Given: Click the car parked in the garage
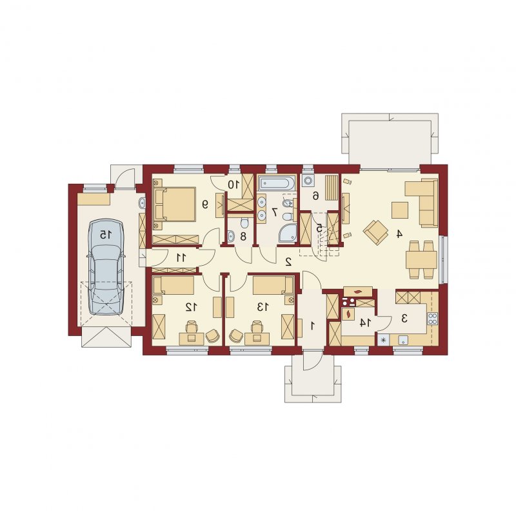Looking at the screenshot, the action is pyautogui.click(x=106, y=267).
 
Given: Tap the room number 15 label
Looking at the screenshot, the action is pyautogui.click(x=106, y=235).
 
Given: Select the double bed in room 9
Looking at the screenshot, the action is pyautogui.click(x=175, y=204).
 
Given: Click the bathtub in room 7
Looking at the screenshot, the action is pyautogui.click(x=277, y=184).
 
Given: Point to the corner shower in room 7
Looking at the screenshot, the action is pyautogui.click(x=288, y=233).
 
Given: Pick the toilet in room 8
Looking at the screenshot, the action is pyautogui.click(x=244, y=223).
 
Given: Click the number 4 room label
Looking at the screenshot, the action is pyautogui.click(x=399, y=234).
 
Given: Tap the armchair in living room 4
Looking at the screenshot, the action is pyautogui.click(x=375, y=232).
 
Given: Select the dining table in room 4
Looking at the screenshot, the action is pyautogui.click(x=422, y=260).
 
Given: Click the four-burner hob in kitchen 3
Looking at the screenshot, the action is pyautogui.click(x=432, y=318).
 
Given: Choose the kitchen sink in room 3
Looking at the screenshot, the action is pyautogui.click(x=403, y=340).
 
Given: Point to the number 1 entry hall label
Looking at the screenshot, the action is pyautogui.click(x=312, y=326).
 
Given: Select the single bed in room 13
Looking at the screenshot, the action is pyautogui.click(x=273, y=285).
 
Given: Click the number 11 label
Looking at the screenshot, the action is pyautogui.click(x=181, y=257).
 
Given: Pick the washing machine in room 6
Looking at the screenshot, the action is pyautogui.click(x=309, y=181).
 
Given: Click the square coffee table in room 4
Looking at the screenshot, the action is pyautogui.click(x=400, y=210).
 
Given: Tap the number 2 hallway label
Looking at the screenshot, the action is pyautogui.click(x=288, y=262).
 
